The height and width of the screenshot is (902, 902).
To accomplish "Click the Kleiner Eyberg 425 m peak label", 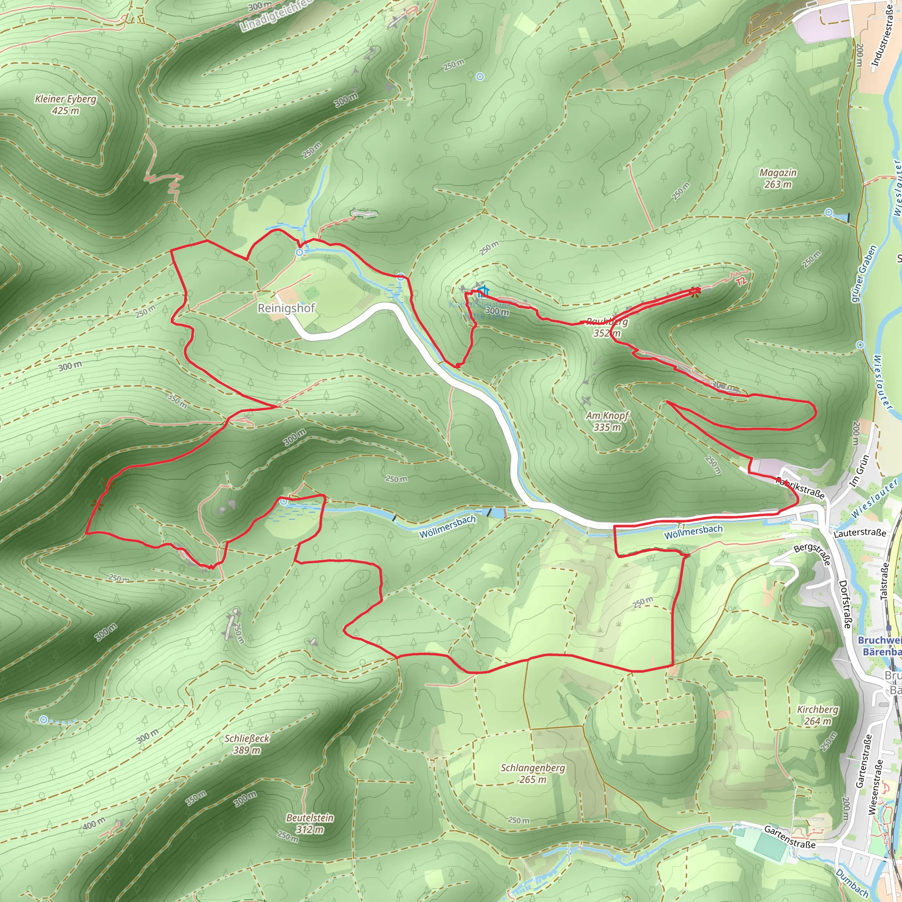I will tap(65, 104).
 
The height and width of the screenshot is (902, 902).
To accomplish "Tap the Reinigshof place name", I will tap(286, 308).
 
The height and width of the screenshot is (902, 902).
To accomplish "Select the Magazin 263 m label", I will tap(778, 178).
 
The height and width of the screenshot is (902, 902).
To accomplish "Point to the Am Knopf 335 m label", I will tap(607, 421).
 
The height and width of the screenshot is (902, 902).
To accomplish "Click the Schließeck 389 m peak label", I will tap(247, 744).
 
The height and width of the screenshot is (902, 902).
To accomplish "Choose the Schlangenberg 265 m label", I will tap(533, 773).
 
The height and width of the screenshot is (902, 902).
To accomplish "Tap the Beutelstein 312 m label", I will tap(310, 824).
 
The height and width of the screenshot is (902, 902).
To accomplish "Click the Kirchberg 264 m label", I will tap(817, 715).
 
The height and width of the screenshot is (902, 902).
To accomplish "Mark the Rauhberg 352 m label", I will tap(607, 327).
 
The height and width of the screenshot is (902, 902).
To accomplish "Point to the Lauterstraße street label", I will tap(860, 533).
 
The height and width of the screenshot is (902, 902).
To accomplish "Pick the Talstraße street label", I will tap(884, 580).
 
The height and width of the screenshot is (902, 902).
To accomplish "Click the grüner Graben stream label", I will tap(864, 274).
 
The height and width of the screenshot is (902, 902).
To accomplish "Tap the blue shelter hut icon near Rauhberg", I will tap(483, 291).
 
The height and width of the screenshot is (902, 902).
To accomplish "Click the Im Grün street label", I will tap(860, 472).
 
